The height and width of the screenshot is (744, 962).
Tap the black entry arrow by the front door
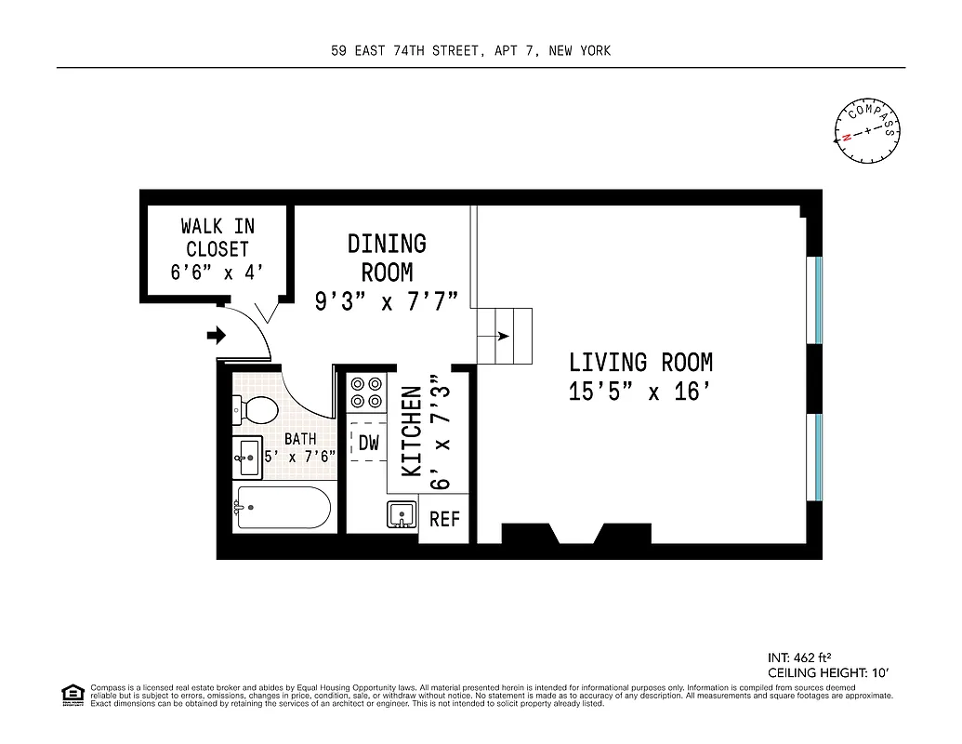pos(216,334)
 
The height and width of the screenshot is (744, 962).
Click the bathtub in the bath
pos(283,508)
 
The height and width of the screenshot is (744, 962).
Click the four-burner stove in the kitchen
pos(366,392)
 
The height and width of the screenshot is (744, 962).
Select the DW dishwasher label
pos(369,443)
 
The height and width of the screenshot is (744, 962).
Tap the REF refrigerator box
pos(444,519)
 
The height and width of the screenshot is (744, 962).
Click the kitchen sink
pos(402,514)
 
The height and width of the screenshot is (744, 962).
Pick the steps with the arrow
pos(505,336)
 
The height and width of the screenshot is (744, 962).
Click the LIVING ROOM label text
pos(640,362)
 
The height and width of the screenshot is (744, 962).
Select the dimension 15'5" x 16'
pos(640,392)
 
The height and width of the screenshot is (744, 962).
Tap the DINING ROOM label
pos(387,258)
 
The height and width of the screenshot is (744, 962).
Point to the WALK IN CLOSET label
pos(217,237)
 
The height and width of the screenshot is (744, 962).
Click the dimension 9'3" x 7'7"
pos(387,302)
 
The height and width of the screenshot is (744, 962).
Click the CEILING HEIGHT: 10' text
pos(829,672)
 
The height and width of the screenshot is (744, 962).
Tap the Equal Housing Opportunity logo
pos(71,693)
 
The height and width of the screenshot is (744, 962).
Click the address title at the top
pos(471,51)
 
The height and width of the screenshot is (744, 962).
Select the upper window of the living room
pos(818,299)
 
